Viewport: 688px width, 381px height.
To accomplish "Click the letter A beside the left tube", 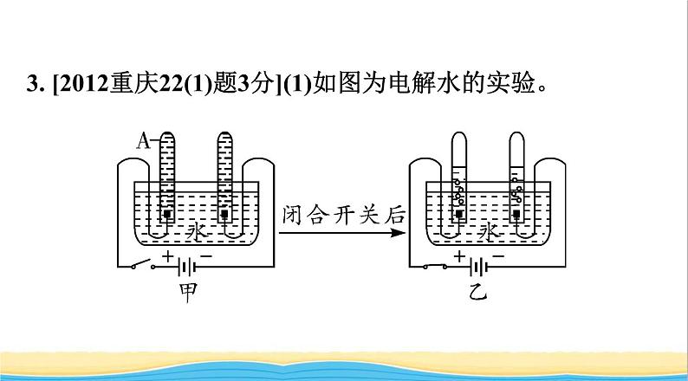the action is [x=142, y=138].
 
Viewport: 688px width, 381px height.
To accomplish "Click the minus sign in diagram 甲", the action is [x=205, y=255].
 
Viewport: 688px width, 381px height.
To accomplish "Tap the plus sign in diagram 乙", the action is [x=458, y=255].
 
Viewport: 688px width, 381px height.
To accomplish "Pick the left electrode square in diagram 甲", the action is [x=168, y=213].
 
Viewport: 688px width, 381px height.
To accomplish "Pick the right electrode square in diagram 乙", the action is [x=518, y=213].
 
